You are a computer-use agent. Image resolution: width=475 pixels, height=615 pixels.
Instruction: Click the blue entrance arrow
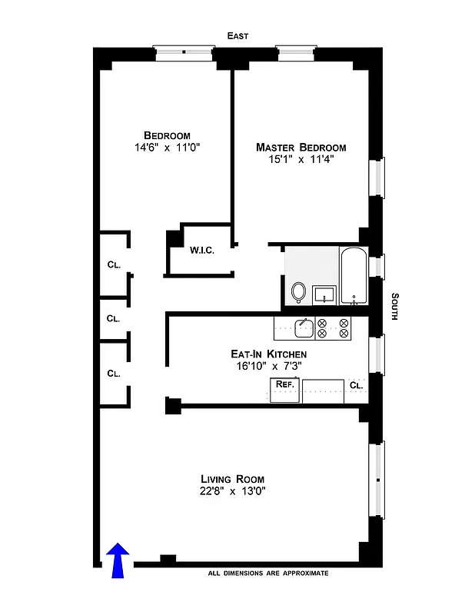(x=118, y=560)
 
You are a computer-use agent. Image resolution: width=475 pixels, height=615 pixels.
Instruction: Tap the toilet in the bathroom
(x=298, y=292)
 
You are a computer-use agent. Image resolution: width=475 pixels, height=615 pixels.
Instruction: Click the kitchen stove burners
(x=333, y=328)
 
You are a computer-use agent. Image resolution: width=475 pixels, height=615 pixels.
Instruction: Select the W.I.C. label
(x=201, y=250)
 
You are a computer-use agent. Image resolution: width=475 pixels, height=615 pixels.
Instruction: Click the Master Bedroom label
(x=301, y=148)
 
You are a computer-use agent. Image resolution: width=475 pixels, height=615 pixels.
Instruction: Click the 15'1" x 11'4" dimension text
(x=301, y=160)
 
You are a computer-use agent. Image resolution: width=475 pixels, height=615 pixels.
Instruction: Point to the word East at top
(x=237, y=36)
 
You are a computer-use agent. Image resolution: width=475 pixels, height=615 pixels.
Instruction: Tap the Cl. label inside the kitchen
(x=355, y=384)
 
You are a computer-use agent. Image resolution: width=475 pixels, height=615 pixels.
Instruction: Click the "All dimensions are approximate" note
(x=268, y=573)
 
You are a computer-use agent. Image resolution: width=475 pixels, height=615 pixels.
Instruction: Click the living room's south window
(x=377, y=480)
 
